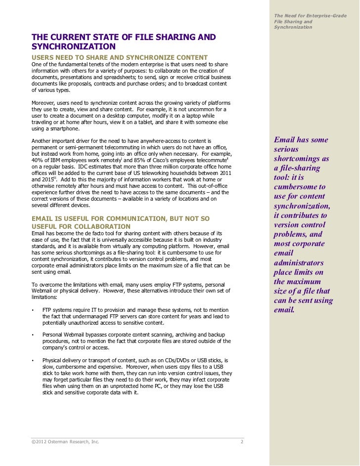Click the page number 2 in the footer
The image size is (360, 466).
coord(242,441)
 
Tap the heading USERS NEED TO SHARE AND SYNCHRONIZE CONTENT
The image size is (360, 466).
coord(120,57)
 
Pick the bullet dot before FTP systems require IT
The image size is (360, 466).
coord(33,310)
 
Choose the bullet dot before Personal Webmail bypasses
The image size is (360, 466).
coord(33,335)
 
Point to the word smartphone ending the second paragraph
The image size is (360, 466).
coord(62,129)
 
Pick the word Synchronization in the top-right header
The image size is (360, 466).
coord(293,27)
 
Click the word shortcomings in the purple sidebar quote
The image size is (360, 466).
coord(301,159)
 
